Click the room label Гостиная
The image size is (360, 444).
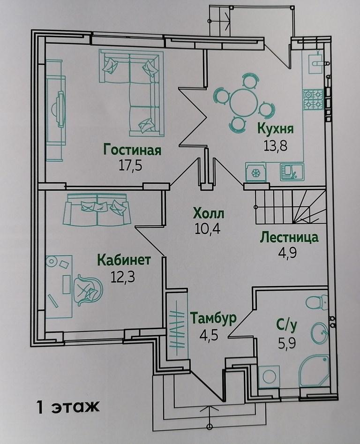click(x=132, y=150)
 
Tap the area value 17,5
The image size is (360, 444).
click(x=130, y=166)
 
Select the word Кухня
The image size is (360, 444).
click(x=275, y=128)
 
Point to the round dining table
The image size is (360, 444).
click(x=243, y=103)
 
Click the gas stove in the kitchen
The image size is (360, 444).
click(x=313, y=99)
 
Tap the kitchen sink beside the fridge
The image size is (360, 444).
click(x=292, y=172)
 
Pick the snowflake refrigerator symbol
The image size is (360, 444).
click(x=256, y=172)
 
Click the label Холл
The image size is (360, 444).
click(x=208, y=213)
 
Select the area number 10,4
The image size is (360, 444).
click(x=208, y=228)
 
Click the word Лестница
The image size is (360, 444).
click(x=289, y=237)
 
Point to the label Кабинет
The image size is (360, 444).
click(x=124, y=260)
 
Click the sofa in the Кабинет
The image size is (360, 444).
click(x=97, y=210)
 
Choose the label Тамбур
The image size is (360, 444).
click(x=213, y=318)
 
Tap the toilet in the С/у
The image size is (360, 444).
click(x=316, y=303)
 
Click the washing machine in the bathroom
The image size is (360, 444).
click(x=269, y=376)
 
